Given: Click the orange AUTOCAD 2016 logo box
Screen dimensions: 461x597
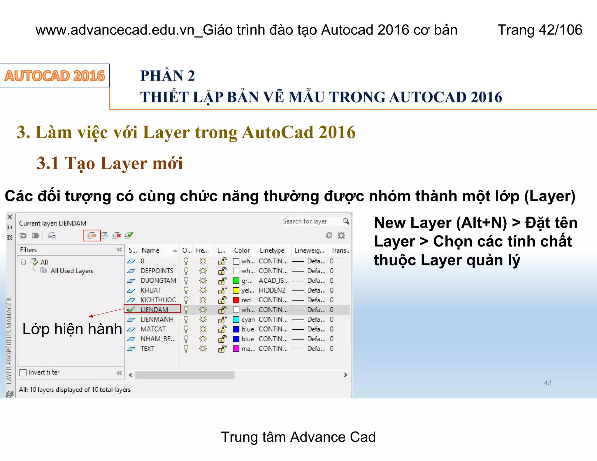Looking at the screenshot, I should click(x=55, y=76).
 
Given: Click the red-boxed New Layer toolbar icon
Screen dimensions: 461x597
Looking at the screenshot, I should click(x=92, y=235).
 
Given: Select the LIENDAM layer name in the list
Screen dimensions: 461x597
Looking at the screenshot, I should click(x=154, y=309).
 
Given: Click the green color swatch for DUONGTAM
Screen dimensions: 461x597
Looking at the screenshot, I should click(x=236, y=281).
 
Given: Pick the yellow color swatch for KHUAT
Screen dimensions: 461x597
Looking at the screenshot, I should click(x=236, y=290).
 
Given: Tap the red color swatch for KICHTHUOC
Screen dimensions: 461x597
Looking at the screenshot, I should click(x=236, y=300).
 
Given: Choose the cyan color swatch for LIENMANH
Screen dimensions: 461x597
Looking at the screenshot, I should click(x=236, y=319).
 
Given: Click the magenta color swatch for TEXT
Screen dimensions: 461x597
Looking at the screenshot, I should click(x=236, y=349).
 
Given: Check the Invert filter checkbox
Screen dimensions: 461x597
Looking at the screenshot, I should click(x=23, y=372).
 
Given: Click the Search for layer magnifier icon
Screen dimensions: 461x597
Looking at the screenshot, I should click(x=346, y=221).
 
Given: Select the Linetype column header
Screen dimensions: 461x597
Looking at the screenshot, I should click(x=272, y=250).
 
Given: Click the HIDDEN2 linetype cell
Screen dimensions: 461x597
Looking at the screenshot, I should click(x=272, y=290).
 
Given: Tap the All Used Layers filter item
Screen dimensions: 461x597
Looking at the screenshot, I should click(x=72, y=271).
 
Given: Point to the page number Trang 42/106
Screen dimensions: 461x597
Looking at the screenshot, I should click(x=540, y=30).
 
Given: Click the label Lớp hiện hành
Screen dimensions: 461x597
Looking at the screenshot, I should click(x=72, y=329).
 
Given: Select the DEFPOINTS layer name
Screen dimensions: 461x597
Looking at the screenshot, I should click(x=157, y=271).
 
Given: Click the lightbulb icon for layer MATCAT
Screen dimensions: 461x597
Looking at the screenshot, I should click(x=186, y=329).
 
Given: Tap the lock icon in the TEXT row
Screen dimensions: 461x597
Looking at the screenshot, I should click(x=222, y=349).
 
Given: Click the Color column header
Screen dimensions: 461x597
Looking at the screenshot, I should click(x=242, y=250).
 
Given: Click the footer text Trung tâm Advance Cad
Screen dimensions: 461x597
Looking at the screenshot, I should click(x=298, y=437).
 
